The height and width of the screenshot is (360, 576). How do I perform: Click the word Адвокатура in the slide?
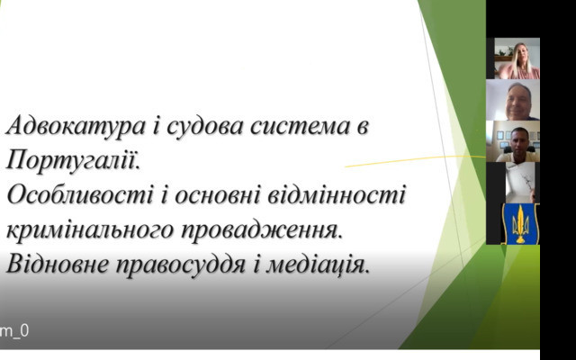coord(76,127)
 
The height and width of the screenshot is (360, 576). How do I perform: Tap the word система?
coord(300,127)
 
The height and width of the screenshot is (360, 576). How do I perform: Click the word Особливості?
coord(80,195)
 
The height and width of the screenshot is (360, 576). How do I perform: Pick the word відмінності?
coord(336,195)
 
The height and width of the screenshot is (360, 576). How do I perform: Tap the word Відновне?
coord(58,265)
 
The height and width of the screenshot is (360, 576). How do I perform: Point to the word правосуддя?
coord(180,265)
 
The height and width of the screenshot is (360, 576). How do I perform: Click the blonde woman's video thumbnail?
coord(517,58)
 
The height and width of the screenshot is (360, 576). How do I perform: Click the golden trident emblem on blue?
coord(520,224)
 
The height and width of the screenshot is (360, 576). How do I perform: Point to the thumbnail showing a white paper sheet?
coord(520,183)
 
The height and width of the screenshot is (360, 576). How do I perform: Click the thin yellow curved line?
coord(415,160)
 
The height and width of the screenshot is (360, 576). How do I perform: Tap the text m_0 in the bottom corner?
coord(14,331)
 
